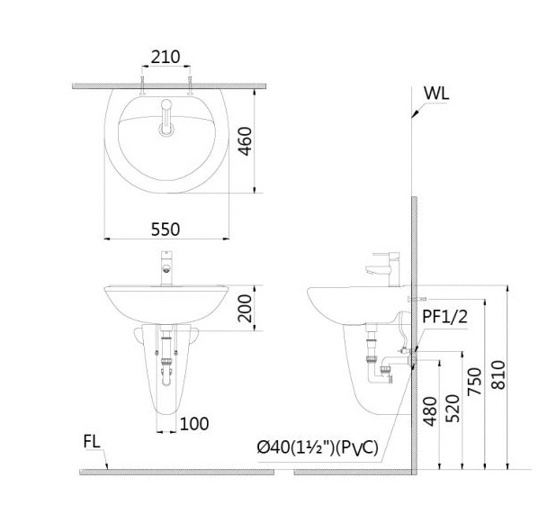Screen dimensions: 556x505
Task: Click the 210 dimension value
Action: pos(166,57)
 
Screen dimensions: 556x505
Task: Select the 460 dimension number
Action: pos(245,141)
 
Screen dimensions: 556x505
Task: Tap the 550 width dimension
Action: pos(166,230)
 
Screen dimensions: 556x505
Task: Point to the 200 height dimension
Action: pos(245,308)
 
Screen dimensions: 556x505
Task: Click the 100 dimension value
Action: pos(194,424)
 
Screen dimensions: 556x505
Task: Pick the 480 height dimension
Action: pos(430,411)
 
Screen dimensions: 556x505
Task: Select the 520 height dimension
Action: pos(453,409)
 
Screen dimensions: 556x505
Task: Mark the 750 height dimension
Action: pos(475,382)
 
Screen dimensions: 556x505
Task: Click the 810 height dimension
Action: pos(498,374)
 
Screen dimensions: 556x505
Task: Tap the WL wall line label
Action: pos(436,94)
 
